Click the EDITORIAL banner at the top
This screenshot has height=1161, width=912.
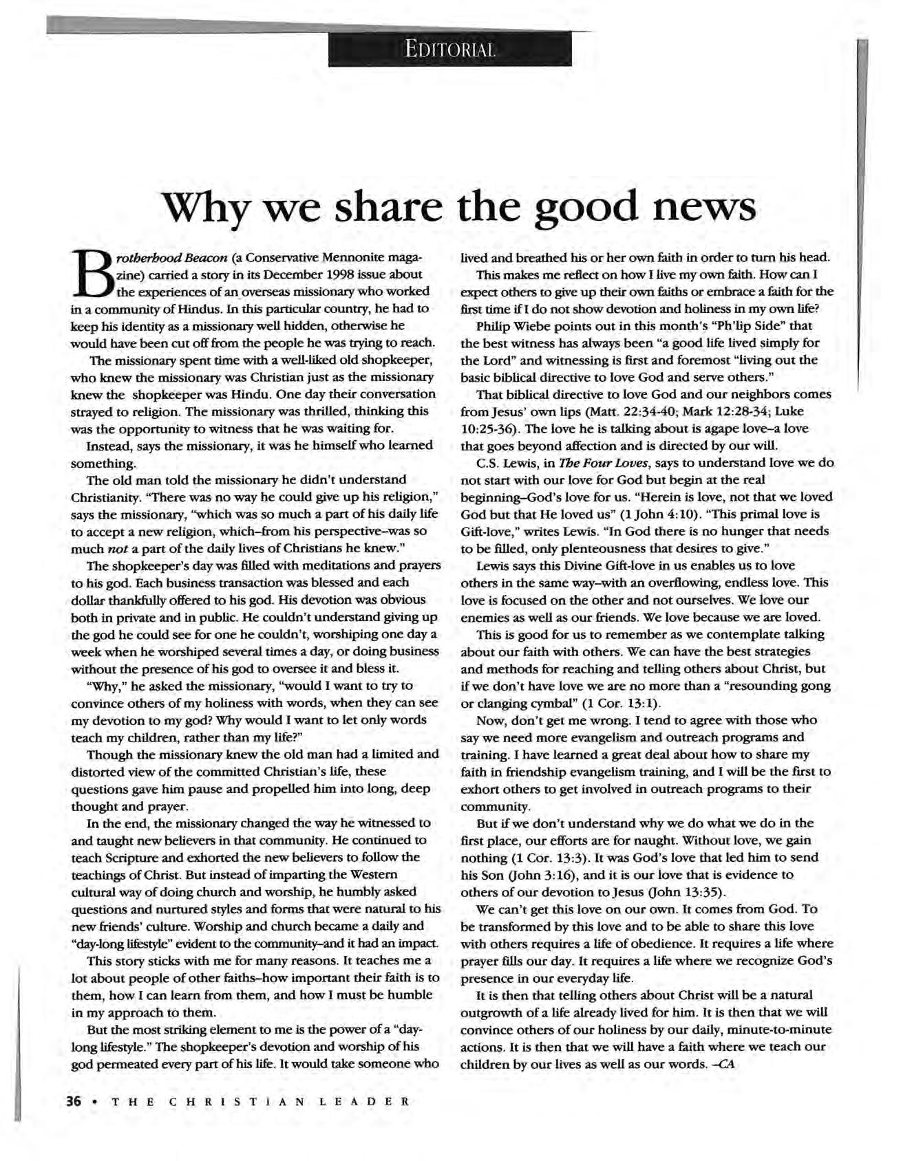pos(449,50)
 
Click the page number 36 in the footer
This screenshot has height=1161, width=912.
pos(74,1100)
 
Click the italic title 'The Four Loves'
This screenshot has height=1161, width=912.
pos(558,463)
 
